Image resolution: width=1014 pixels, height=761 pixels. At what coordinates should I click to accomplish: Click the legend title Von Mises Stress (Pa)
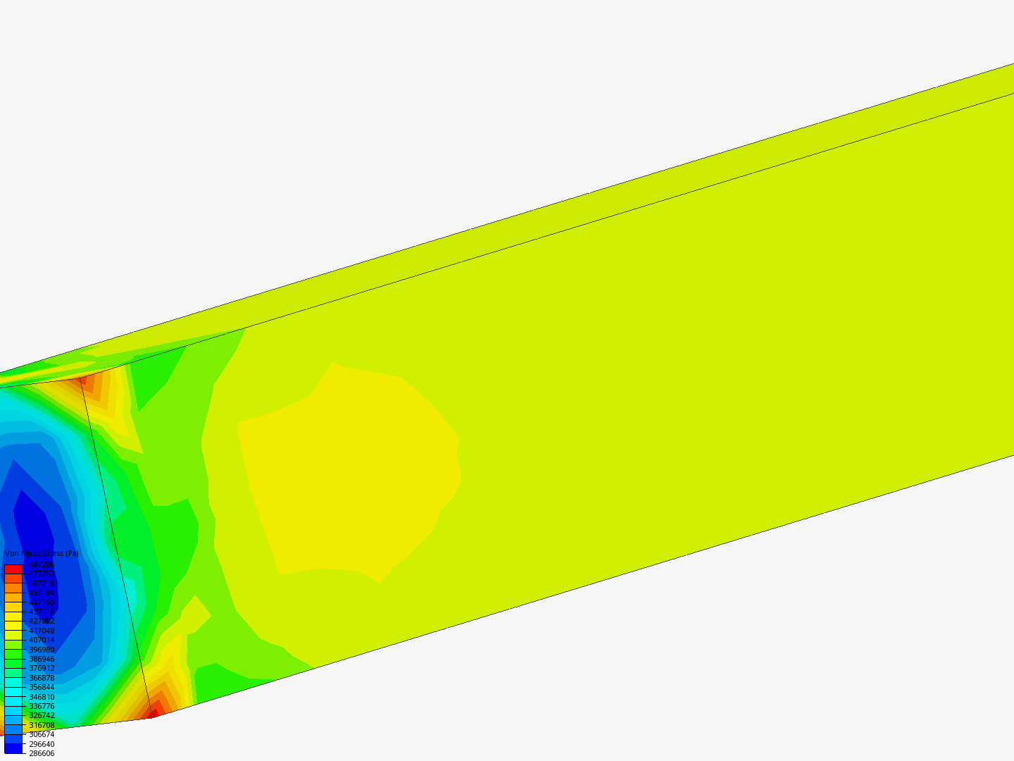[42, 554]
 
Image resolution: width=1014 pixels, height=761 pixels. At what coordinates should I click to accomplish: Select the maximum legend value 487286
[42, 565]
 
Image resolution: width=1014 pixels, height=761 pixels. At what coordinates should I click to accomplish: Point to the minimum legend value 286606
[42, 753]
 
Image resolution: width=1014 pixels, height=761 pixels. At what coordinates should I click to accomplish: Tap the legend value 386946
[42, 659]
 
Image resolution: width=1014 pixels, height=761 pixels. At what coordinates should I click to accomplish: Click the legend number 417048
[42, 631]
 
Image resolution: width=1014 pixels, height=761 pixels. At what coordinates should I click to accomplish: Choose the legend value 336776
[42, 706]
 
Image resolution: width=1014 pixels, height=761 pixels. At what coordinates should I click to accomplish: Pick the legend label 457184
[42, 593]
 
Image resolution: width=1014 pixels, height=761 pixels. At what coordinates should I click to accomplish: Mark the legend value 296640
[42, 744]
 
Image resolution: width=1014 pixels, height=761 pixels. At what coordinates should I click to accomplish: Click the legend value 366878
[42, 678]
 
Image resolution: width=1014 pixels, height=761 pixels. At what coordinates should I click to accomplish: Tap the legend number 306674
[42, 734]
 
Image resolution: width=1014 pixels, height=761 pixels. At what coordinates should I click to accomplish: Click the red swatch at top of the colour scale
[13, 569]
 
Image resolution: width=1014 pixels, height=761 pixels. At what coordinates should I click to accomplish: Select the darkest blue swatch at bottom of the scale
[13, 748]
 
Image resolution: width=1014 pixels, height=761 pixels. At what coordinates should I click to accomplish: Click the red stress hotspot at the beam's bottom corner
[152, 713]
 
